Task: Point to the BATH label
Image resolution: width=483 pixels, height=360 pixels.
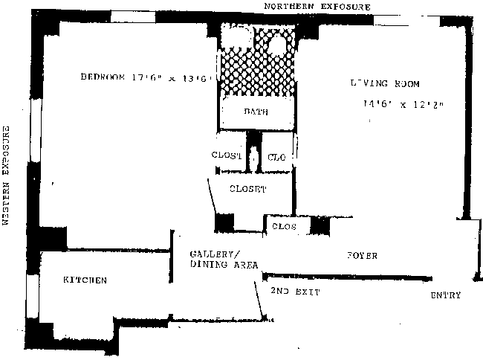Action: click(256, 112)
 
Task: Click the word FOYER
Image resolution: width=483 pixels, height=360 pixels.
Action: click(362, 256)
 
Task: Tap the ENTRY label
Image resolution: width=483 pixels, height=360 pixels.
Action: click(445, 295)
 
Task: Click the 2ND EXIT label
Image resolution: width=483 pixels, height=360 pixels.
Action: click(295, 292)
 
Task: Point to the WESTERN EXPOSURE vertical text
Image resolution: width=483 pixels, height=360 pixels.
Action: click(7, 176)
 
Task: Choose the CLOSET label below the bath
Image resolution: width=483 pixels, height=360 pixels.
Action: click(247, 189)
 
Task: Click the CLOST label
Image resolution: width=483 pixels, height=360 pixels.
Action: click(227, 155)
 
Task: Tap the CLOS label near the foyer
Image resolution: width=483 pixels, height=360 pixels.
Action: click(285, 225)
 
